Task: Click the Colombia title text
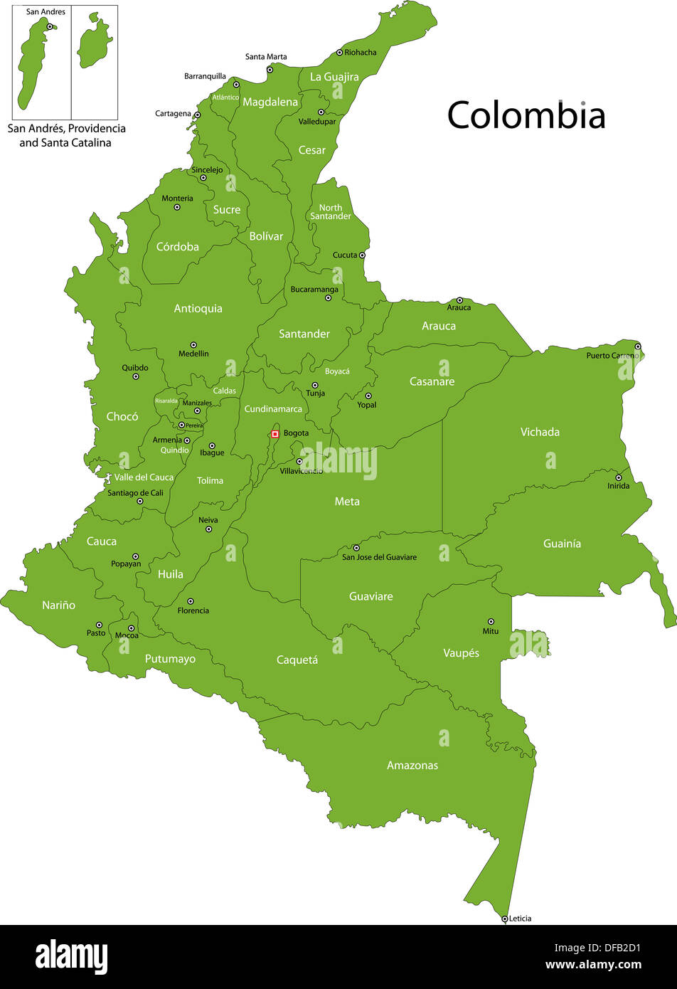point(526,115)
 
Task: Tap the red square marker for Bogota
point(275,434)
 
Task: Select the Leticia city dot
point(504,919)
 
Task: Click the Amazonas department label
point(412,766)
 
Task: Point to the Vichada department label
point(540,432)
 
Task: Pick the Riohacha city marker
point(339,53)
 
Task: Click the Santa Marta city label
point(266,57)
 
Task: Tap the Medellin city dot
point(193,344)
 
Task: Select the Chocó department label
point(122,416)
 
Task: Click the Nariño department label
point(58,605)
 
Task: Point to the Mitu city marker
point(491,621)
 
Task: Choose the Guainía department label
point(562,544)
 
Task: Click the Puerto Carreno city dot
point(637,347)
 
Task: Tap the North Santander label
point(331,212)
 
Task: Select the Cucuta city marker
point(362,255)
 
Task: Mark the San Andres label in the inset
point(46,12)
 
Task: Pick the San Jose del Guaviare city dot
point(356,548)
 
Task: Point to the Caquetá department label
point(297,660)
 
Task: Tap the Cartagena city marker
point(197,115)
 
